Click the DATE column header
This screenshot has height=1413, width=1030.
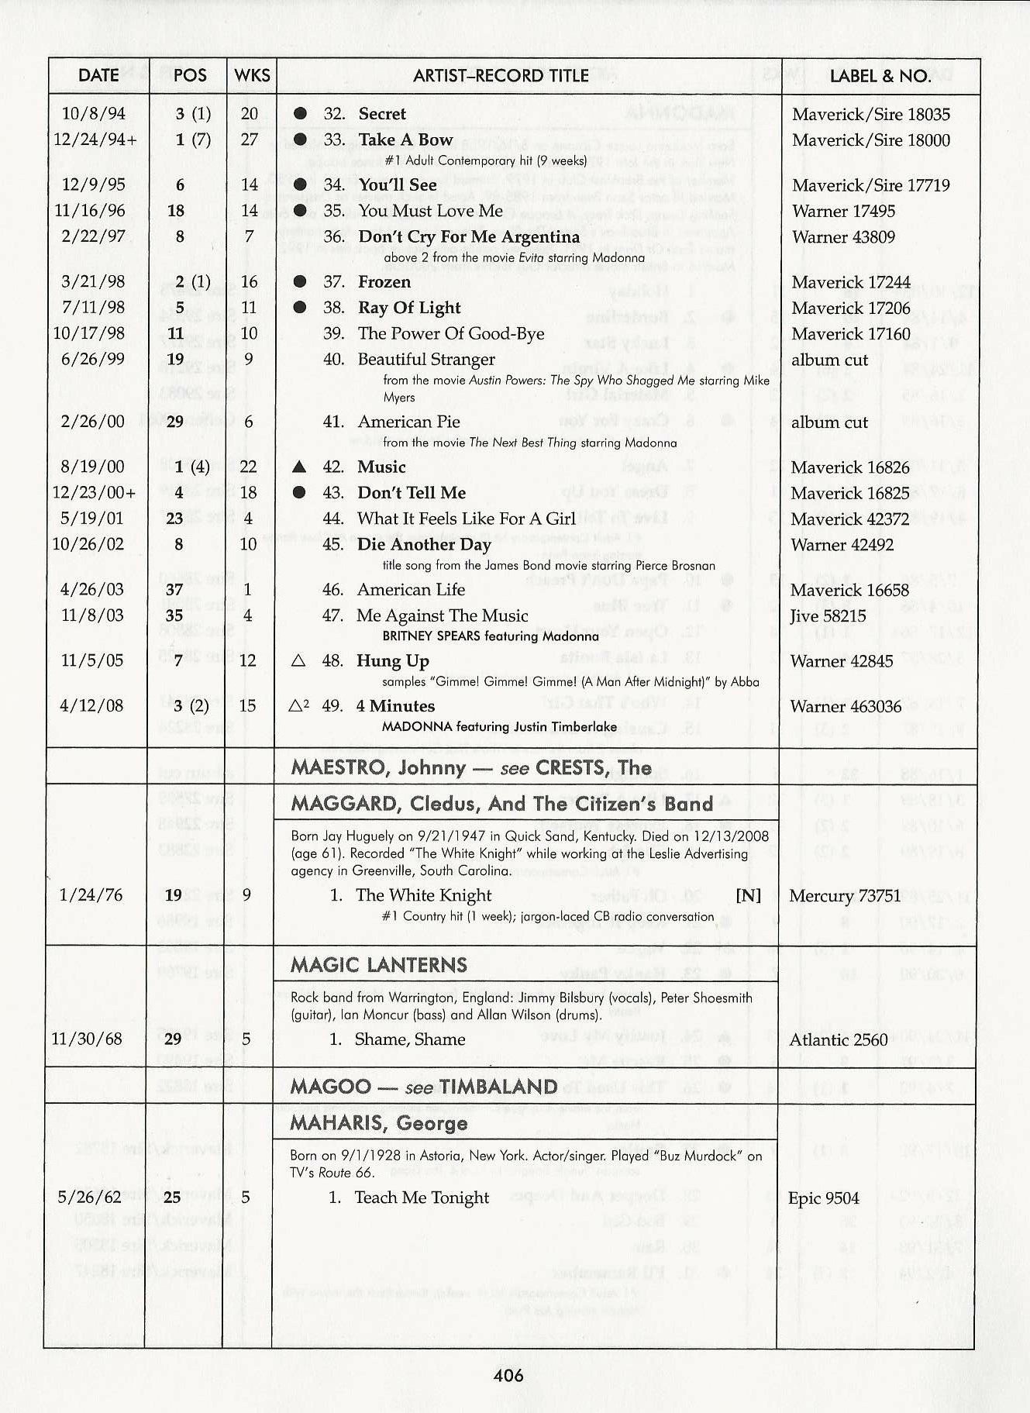[x=98, y=75]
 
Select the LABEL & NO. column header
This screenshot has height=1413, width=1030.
[x=880, y=76]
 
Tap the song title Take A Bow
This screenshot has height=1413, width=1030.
[x=405, y=140]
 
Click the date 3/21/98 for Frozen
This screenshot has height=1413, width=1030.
[x=92, y=281]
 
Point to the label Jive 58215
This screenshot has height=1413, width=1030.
[x=828, y=616]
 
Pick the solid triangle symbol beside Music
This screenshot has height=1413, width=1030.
[x=300, y=467]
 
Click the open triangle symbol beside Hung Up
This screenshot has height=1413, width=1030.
[x=298, y=661]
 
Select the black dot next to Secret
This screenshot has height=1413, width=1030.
[x=301, y=114]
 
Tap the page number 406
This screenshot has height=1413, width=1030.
[x=508, y=1376]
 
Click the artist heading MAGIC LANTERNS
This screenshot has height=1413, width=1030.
[x=379, y=965]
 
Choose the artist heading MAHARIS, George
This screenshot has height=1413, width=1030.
[x=379, y=1123]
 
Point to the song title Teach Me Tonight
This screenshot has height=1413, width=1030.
[x=422, y=1198]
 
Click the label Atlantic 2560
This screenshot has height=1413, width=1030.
[x=839, y=1039]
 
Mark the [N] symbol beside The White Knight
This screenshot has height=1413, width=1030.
[x=748, y=895]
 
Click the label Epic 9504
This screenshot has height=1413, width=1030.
[x=824, y=1198]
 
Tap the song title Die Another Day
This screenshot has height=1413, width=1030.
[x=424, y=545]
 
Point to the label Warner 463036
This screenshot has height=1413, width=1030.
[x=846, y=706]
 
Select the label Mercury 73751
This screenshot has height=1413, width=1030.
[x=845, y=896]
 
